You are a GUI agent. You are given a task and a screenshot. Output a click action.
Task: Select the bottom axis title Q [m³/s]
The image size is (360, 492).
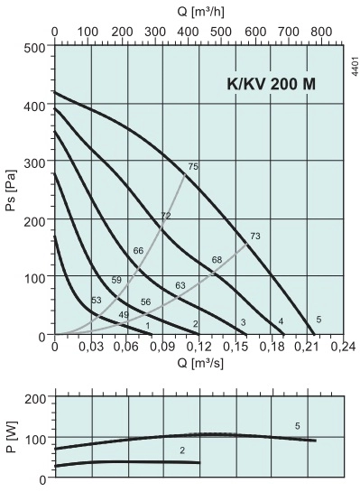200,364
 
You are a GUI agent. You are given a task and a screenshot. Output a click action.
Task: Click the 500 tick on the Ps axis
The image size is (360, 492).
35,46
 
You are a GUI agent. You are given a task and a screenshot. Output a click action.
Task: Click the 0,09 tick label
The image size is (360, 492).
162,346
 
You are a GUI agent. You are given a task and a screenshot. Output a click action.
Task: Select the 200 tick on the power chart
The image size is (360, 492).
35,397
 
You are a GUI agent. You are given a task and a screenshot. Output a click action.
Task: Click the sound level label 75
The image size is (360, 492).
192,166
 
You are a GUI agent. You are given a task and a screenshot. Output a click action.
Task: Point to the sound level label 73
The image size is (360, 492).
254,237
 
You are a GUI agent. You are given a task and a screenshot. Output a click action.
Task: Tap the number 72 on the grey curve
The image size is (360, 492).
165,216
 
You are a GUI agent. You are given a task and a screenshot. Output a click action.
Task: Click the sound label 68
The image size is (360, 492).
217,260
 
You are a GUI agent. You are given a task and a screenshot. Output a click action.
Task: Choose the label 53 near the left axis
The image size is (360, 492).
97,300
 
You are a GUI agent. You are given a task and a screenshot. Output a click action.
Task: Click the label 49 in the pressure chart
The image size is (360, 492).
124,314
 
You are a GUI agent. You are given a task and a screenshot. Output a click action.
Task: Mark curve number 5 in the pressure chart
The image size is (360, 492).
318,320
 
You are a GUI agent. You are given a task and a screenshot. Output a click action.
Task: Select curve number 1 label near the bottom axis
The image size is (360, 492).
147,325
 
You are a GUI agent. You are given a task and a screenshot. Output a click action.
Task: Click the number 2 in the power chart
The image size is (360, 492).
182,450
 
